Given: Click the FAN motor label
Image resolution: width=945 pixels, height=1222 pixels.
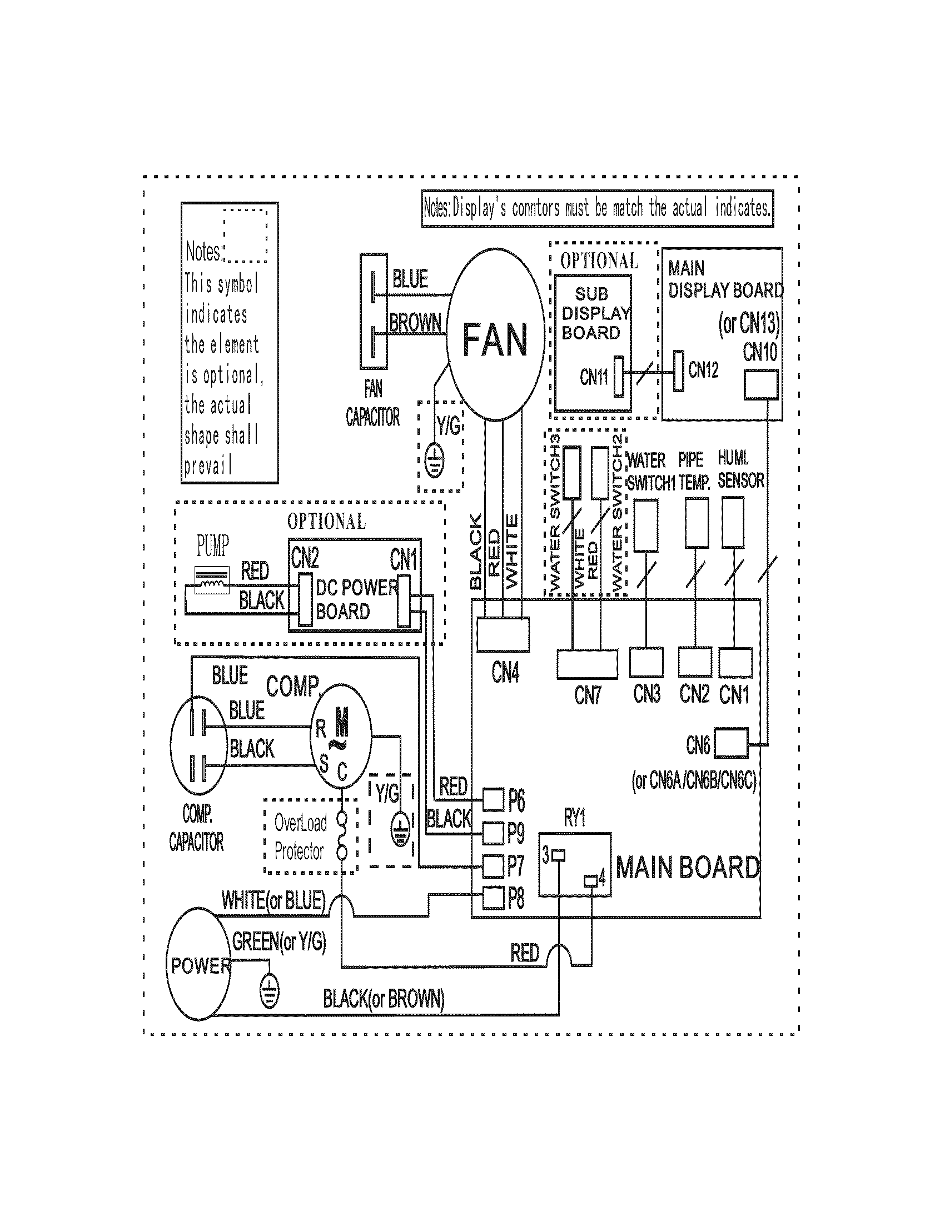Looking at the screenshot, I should pyautogui.click(x=495, y=339).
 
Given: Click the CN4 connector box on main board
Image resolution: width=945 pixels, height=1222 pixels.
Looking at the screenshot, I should pyautogui.click(x=503, y=634).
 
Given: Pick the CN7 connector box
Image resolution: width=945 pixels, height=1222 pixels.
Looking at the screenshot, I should pyautogui.click(x=587, y=664).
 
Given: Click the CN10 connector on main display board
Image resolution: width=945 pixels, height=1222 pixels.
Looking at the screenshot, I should pyautogui.click(x=760, y=385).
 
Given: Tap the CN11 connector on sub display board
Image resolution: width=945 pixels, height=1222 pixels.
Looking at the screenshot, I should pyautogui.click(x=619, y=377).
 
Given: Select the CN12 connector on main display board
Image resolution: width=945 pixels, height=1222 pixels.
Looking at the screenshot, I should pyautogui.click(x=678, y=371).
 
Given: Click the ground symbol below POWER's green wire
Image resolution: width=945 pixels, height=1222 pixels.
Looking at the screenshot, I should pyautogui.click(x=269, y=993).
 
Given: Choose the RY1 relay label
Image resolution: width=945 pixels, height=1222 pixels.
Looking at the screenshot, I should pyautogui.click(x=574, y=818).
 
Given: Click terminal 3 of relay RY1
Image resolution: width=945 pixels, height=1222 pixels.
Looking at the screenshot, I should pyautogui.click(x=559, y=855).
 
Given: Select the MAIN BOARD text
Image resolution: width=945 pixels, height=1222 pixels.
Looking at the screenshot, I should pyautogui.click(x=688, y=867).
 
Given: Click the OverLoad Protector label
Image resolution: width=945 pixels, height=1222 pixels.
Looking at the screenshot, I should pyautogui.click(x=300, y=837).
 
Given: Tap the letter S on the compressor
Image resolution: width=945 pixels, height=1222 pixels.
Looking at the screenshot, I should pyautogui.click(x=324, y=763).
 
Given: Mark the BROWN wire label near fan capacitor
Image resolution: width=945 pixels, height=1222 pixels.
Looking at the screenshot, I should pyautogui.click(x=415, y=323).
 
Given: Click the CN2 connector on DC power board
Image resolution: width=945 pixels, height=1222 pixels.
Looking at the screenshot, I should pyautogui.click(x=305, y=599).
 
